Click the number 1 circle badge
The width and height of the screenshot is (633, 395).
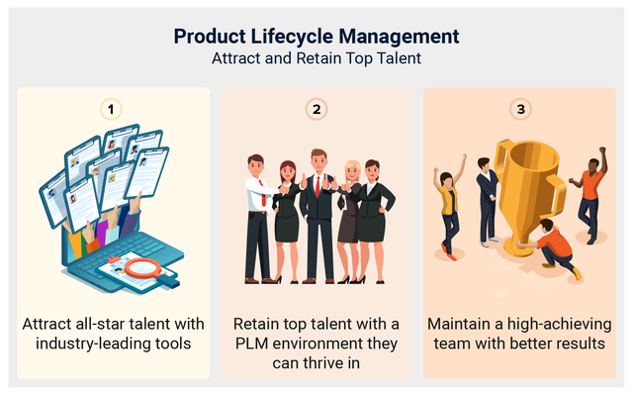click(x=113, y=108)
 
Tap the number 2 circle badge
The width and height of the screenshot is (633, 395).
click(x=316, y=108)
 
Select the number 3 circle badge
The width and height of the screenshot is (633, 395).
click(x=520, y=108)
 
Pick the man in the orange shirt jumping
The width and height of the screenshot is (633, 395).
click(x=591, y=198)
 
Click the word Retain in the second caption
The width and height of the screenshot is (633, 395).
click(x=257, y=324)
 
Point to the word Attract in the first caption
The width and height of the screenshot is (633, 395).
click(x=49, y=324)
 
